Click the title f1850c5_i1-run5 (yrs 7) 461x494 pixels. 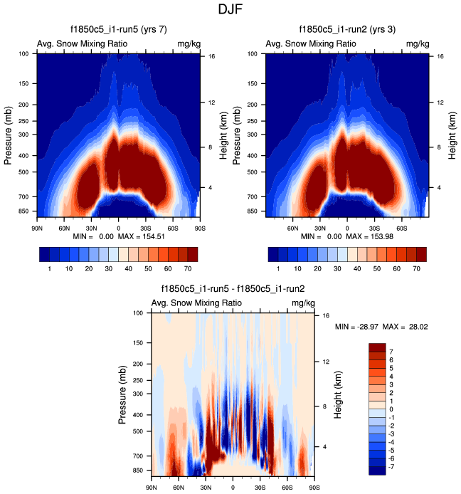pyautogui.click(x=117, y=30)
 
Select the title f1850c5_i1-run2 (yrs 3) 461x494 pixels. pyautogui.click(x=347, y=30)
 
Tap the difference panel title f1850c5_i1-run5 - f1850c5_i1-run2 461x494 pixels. pyautogui.click(x=233, y=289)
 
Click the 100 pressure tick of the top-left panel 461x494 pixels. pyautogui.click(x=23, y=53)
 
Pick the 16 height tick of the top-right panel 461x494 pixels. pyautogui.click(x=440, y=56)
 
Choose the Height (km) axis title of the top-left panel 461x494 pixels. pyautogui.click(x=223, y=135)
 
